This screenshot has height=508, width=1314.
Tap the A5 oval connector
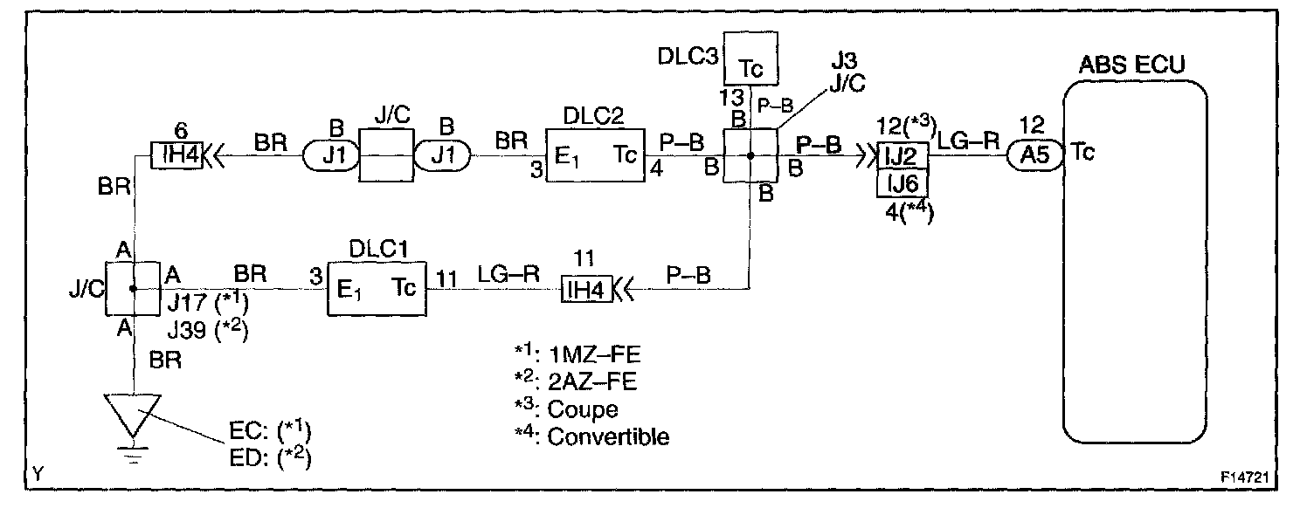1039,157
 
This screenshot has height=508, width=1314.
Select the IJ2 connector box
903,157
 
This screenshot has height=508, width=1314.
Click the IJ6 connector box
903,185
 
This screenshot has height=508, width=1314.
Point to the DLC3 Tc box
750,58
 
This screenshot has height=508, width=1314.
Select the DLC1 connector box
376,288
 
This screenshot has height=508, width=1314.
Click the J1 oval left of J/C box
331,157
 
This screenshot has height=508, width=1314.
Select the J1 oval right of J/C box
443,157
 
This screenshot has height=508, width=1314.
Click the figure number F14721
1245,478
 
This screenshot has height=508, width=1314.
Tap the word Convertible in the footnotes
608,436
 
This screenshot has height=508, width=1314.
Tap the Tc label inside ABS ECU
1083,151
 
